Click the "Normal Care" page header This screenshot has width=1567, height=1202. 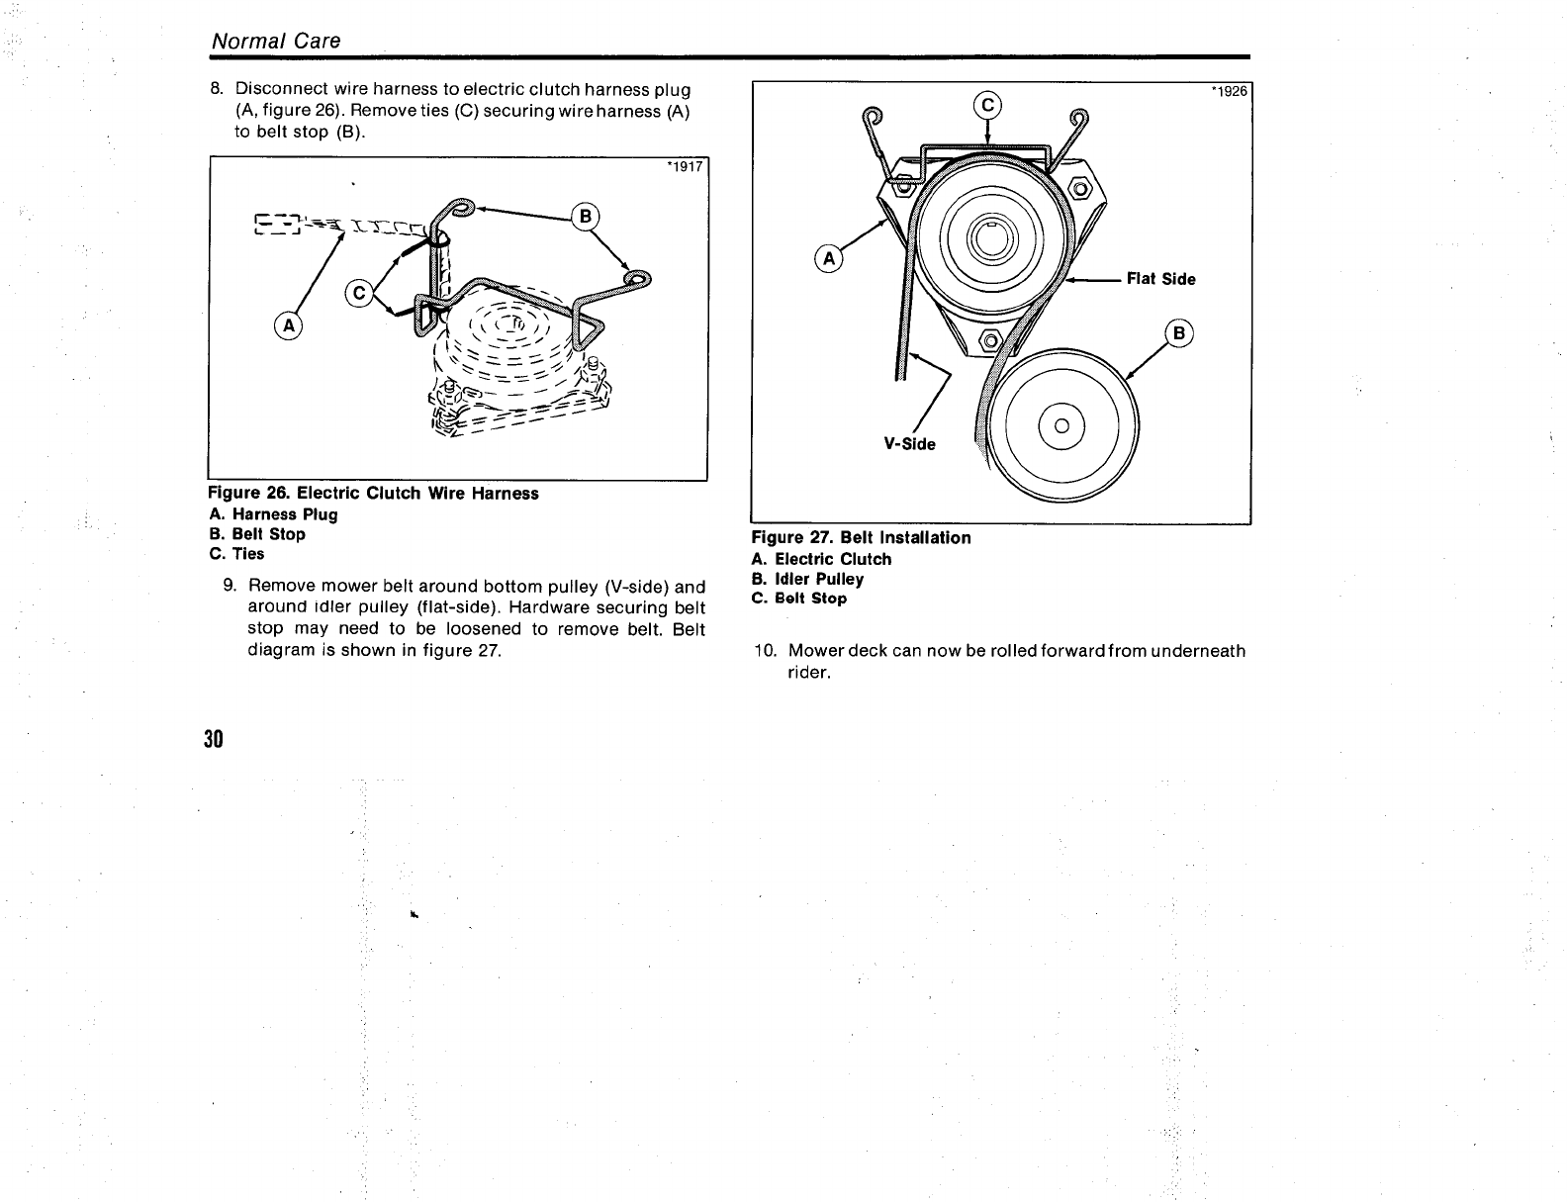276,41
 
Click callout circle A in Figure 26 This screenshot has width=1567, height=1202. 290,325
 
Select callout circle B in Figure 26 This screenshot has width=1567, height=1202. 587,216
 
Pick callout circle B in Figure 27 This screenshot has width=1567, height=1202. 1178,333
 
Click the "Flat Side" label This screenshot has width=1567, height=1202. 1160,279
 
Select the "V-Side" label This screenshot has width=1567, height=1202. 909,444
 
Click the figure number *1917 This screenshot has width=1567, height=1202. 685,167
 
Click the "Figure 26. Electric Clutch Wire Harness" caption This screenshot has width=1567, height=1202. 374,493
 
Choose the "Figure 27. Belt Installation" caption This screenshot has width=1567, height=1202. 862,537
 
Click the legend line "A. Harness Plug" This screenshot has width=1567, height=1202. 274,514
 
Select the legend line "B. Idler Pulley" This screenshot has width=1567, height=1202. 807,579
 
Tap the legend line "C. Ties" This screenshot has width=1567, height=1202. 237,554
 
